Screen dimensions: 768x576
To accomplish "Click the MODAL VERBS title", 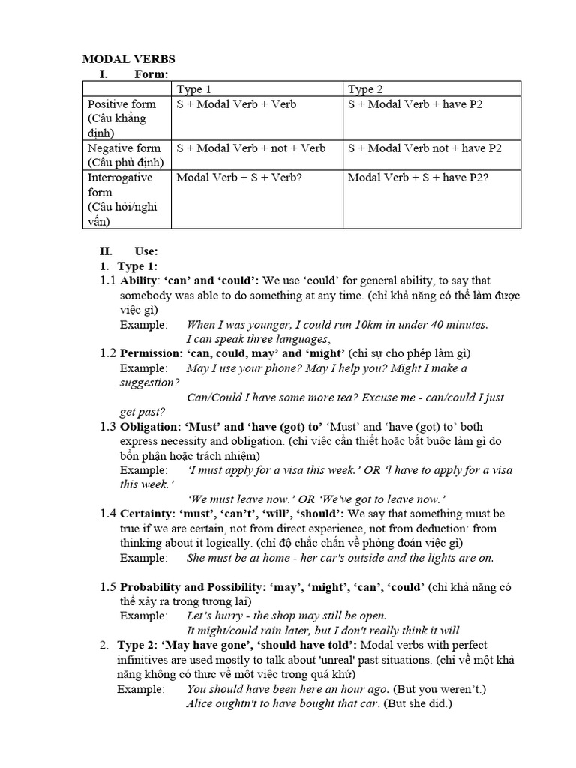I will click(x=128, y=58).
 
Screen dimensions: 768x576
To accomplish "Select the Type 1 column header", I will click(x=199, y=89).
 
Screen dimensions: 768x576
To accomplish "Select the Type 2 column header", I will click(x=370, y=89).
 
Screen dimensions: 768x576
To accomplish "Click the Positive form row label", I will click(x=121, y=104).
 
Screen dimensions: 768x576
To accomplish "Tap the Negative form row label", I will click(x=124, y=148).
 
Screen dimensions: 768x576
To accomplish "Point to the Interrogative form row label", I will click(x=120, y=178).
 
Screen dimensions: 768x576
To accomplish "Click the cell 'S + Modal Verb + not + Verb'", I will click(x=250, y=148).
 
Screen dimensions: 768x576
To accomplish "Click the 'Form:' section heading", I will click(x=151, y=73).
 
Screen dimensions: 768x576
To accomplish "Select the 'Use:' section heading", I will click(x=146, y=251).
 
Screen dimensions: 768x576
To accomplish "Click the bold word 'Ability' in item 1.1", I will click(x=138, y=280).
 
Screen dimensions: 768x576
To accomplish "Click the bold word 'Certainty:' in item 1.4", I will click(x=147, y=514).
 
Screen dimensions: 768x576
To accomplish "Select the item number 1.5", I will click(x=108, y=586).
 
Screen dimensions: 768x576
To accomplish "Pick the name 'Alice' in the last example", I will click(x=200, y=704).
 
